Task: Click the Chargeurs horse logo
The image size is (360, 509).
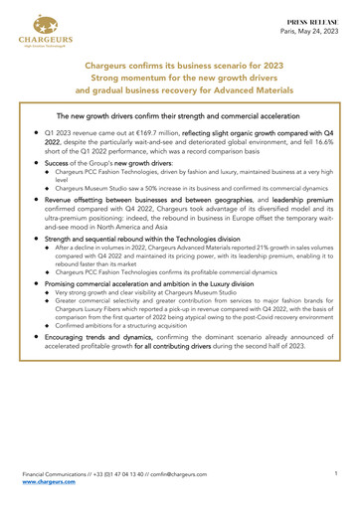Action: point(35,31)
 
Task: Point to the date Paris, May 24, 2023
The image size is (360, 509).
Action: point(312,29)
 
